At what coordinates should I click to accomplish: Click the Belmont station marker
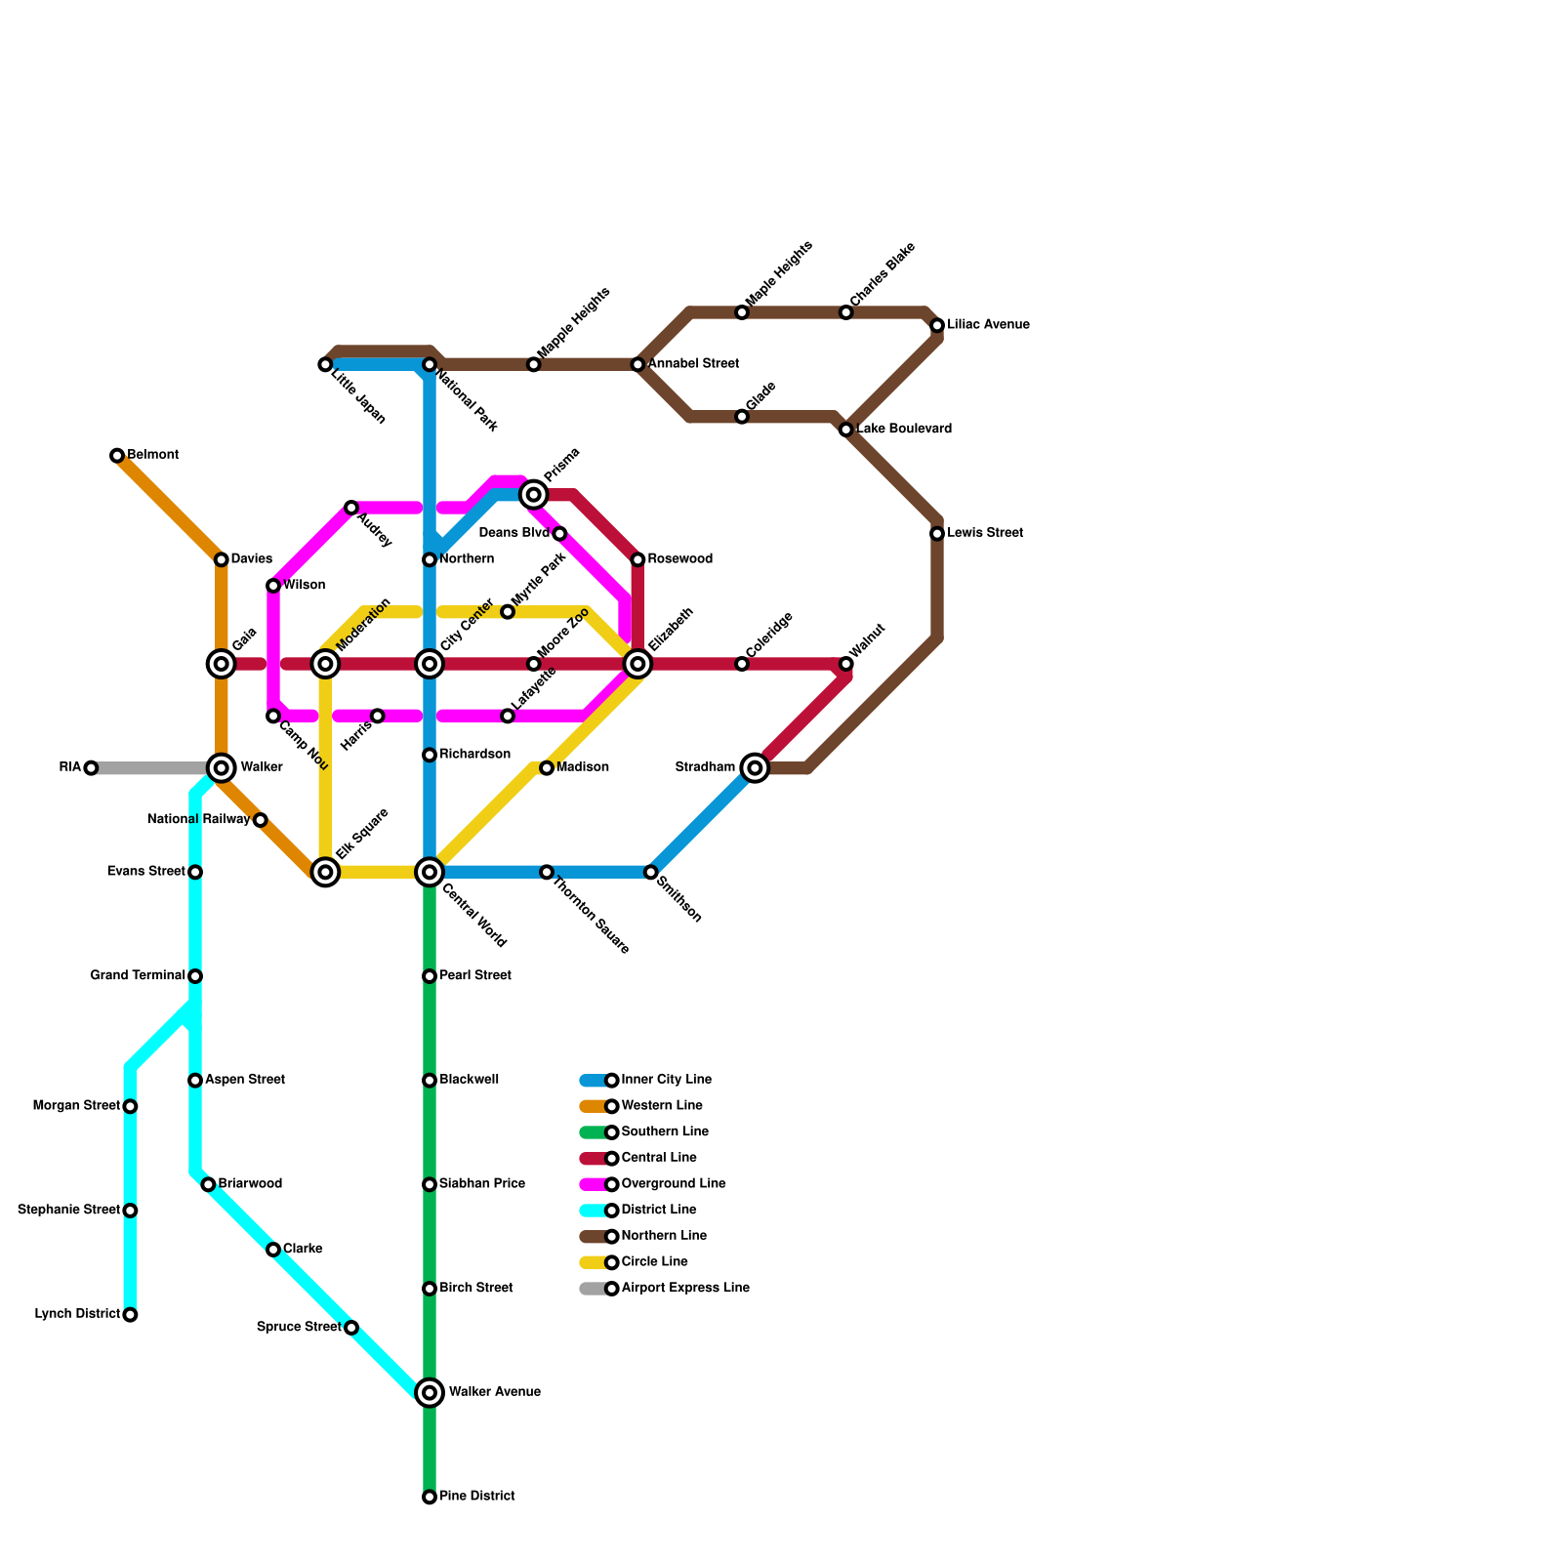[117, 456]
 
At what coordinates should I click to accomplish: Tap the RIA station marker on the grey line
[91, 768]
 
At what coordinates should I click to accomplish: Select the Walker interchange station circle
[222, 768]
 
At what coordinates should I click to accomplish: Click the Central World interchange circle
[430, 872]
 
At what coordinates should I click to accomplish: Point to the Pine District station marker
[430, 1497]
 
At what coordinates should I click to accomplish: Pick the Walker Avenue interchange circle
[430, 1392]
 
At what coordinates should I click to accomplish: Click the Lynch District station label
[77, 1314]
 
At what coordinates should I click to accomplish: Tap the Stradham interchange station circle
[755, 768]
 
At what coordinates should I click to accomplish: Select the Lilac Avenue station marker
[937, 325]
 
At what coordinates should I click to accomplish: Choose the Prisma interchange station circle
[533, 495]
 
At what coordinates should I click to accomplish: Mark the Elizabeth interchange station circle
[637, 664]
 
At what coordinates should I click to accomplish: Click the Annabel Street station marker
[637, 364]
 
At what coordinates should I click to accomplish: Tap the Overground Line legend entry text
[673, 1184]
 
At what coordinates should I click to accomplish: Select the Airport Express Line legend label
[684, 1289]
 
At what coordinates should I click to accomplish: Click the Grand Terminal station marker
[195, 976]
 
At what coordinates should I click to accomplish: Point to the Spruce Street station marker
[351, 1328]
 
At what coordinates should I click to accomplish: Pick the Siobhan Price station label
[481, 1184]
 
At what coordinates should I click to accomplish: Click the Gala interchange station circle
[222, 664]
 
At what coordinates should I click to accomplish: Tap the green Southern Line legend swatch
[594, 1132]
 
